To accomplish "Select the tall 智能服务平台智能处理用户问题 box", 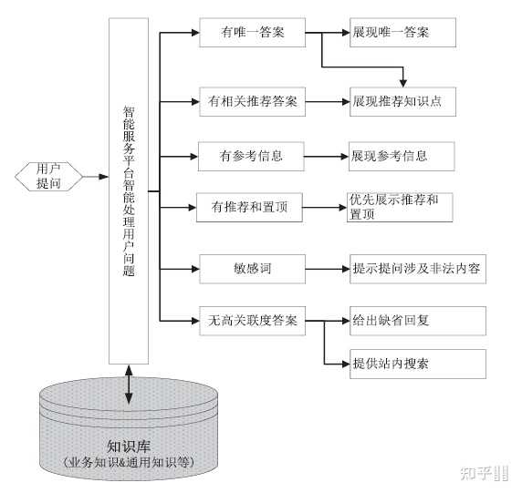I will point(129,191).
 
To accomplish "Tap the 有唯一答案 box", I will point(252,34).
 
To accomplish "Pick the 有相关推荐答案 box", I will point(252,100).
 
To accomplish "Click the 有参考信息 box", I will point(252,156).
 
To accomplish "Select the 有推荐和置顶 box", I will point(252,207).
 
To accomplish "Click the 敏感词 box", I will point(252,269).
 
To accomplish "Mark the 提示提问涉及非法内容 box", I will point(417,269).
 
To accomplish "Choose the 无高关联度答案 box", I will point(252,320).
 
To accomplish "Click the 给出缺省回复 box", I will point(417,321).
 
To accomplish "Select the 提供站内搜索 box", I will point(417,364).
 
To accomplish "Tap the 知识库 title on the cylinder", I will point(129,446).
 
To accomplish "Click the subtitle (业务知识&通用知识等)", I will point(129,463).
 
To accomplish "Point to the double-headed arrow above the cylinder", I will point(129,384).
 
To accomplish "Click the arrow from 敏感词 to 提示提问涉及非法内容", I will point(327,269).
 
